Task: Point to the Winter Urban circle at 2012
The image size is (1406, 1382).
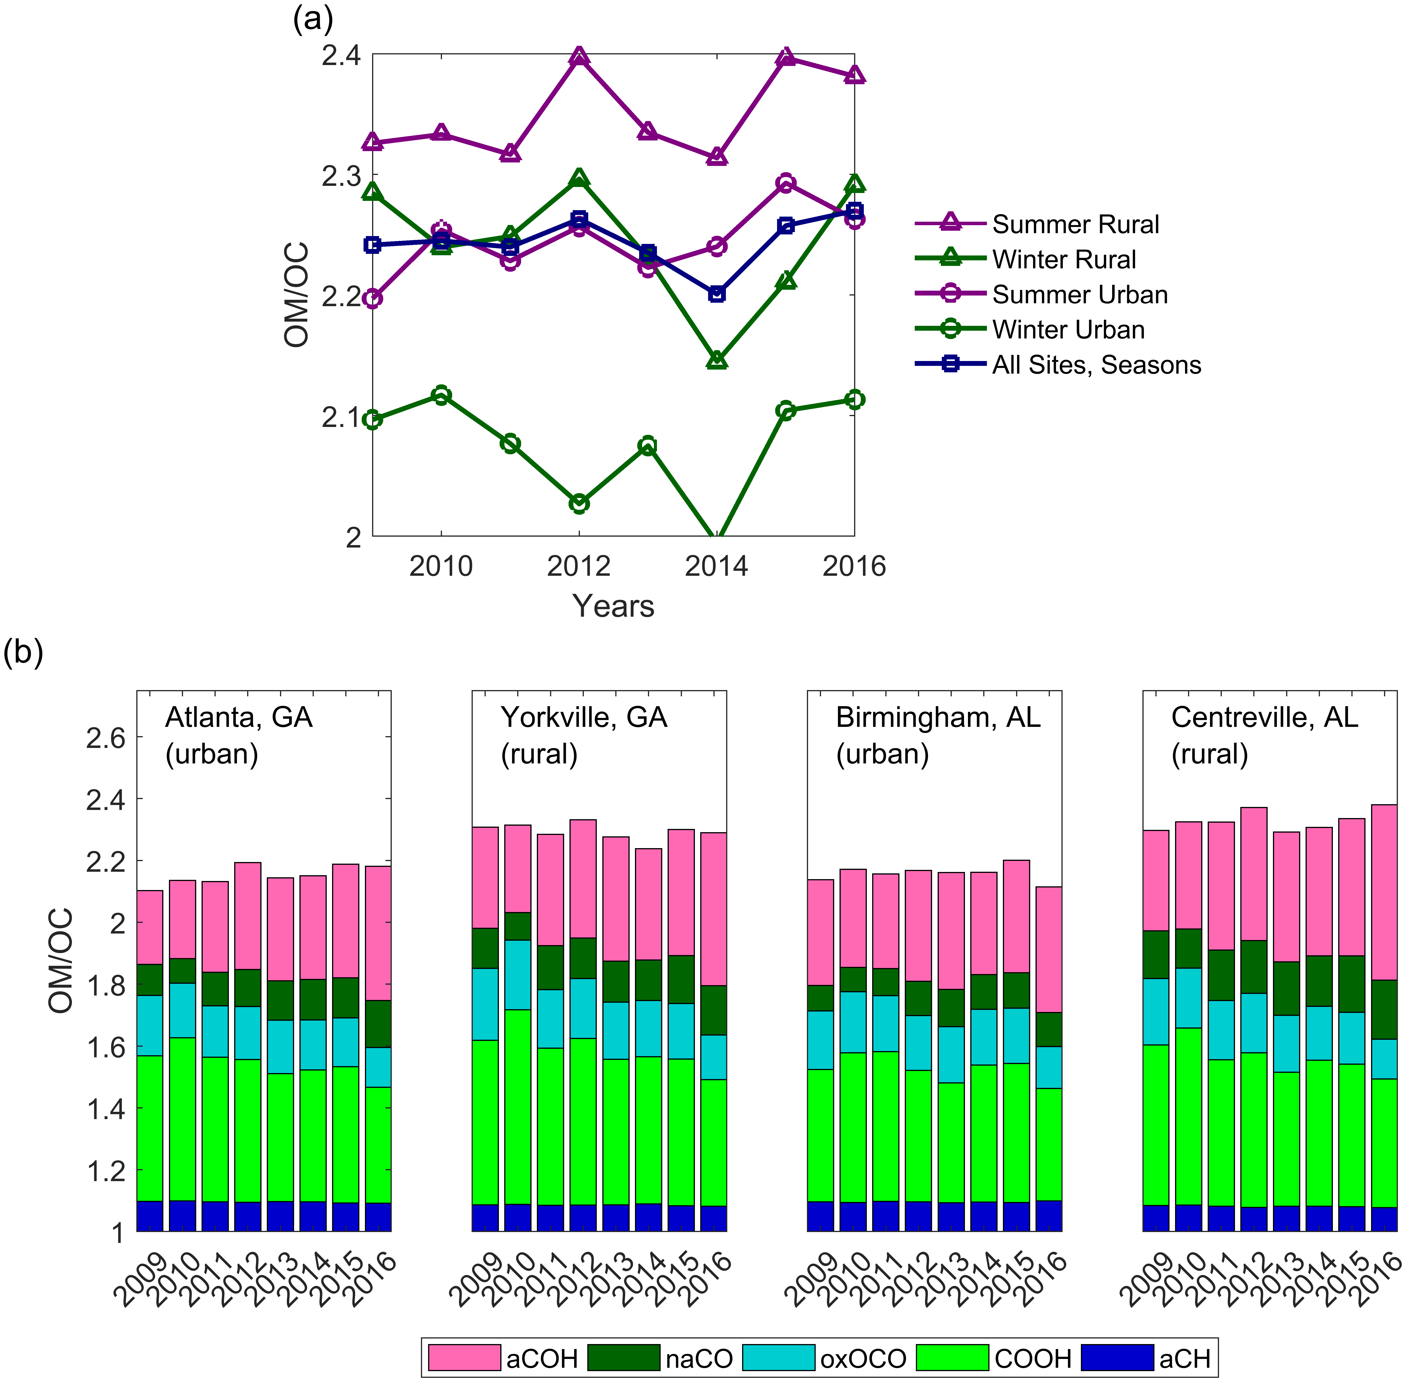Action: pyautogui.click(x=579, y=503)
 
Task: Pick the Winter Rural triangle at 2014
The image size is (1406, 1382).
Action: pyautogui.click(x=716, y=360)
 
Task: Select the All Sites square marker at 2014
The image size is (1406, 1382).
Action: pyautogui.click(x=716, y=293)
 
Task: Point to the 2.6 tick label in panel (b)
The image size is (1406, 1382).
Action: pyautogui.click(x=105, y=738)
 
